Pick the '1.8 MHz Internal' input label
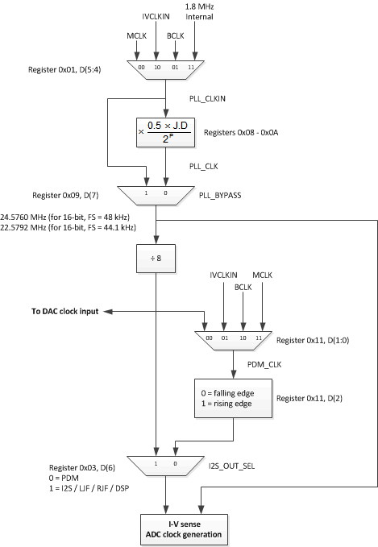[198, 13]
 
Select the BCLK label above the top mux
[175, 36]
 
